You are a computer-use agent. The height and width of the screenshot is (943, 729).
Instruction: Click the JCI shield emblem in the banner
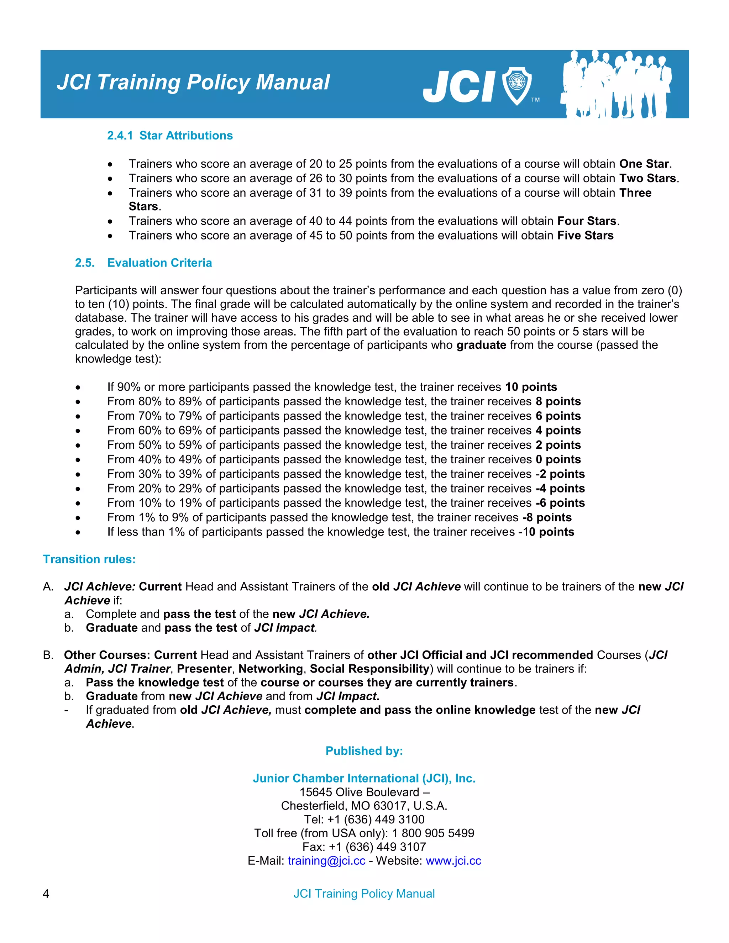coord(516,85)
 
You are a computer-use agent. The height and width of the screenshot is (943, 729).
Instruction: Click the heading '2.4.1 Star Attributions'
coord(170,136)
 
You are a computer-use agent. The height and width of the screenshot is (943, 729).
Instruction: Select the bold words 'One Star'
coord(644,164)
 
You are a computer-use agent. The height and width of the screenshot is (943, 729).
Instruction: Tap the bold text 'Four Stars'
coord(587,221)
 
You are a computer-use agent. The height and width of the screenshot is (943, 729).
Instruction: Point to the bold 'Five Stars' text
coord(585,236)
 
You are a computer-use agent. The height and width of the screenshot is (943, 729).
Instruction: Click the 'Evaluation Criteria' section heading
coord(159,263)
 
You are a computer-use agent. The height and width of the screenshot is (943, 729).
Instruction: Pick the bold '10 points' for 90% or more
coord(531,387)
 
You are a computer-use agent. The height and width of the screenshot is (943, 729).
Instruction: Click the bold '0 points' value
coord(558,459)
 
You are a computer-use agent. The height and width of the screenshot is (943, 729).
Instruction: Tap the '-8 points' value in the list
coord(547,517)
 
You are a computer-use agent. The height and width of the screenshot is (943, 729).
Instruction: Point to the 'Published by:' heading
coord(364,751)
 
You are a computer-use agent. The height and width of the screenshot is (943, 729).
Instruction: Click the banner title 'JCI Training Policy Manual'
coord(193,82)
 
